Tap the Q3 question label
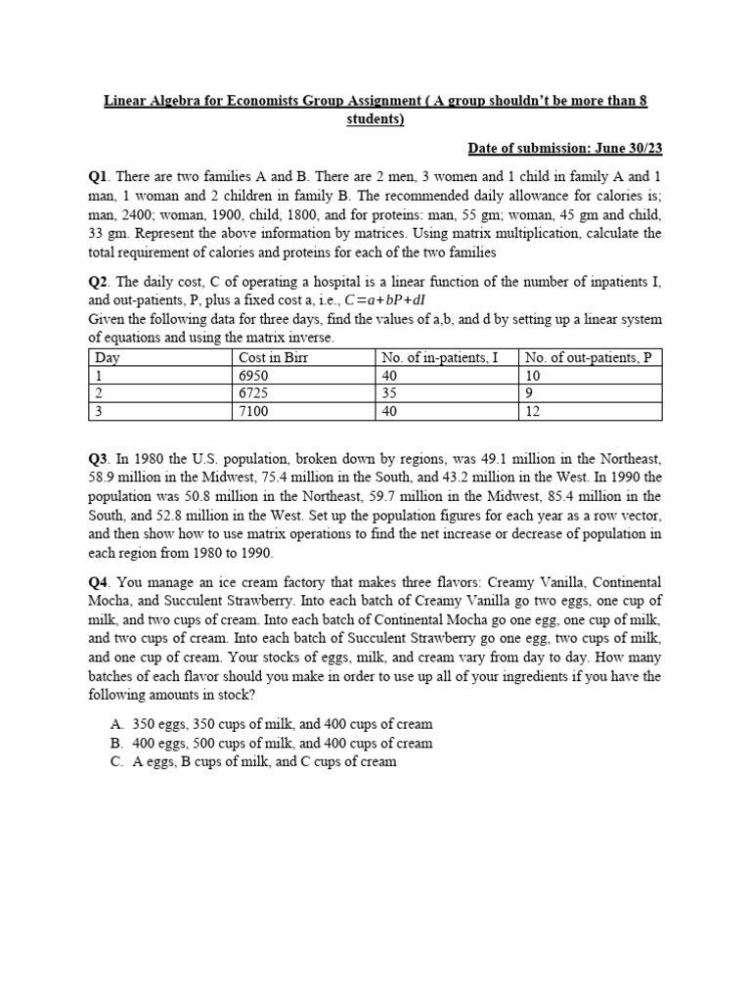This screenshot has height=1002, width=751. (99, 458)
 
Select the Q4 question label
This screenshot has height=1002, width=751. (99, 581)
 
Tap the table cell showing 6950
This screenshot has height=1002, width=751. (253, 376)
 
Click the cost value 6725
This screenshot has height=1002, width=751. (253, 393)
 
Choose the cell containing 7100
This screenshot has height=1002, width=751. (253, 411)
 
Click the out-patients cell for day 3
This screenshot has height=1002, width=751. (533, 411)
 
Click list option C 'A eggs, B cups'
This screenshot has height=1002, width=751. (264, 761)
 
